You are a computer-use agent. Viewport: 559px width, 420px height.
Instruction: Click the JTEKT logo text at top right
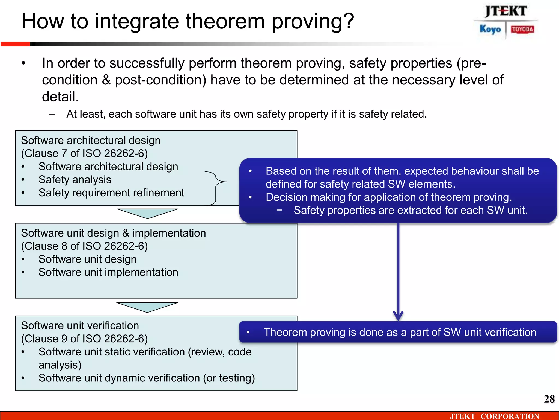(506, 11)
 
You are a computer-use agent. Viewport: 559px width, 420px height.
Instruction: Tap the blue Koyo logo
(490, 29)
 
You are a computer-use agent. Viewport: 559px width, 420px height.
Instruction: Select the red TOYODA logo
(522, 29)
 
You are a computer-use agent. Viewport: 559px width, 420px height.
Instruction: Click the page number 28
(549, 399)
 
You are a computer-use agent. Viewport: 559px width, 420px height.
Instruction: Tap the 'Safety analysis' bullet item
(75, 180)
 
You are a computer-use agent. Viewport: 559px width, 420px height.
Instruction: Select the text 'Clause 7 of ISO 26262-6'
(84, 153)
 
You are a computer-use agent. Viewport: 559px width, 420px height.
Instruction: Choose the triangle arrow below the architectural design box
(147, 213)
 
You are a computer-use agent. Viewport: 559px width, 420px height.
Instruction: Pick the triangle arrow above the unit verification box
(147, 307)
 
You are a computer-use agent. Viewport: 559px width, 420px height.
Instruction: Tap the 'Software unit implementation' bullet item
(108, 272)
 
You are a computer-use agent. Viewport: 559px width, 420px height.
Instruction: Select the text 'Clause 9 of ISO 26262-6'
(84, 339)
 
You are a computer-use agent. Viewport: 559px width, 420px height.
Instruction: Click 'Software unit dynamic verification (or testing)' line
(147, 378)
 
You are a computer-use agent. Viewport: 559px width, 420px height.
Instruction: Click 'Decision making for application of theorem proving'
(388, 197)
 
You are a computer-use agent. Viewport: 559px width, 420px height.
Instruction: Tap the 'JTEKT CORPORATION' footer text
(494, 416)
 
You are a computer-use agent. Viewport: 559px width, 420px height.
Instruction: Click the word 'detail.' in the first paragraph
(60, 97)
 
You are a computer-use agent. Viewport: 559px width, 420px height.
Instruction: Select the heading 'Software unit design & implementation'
(113, 233)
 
